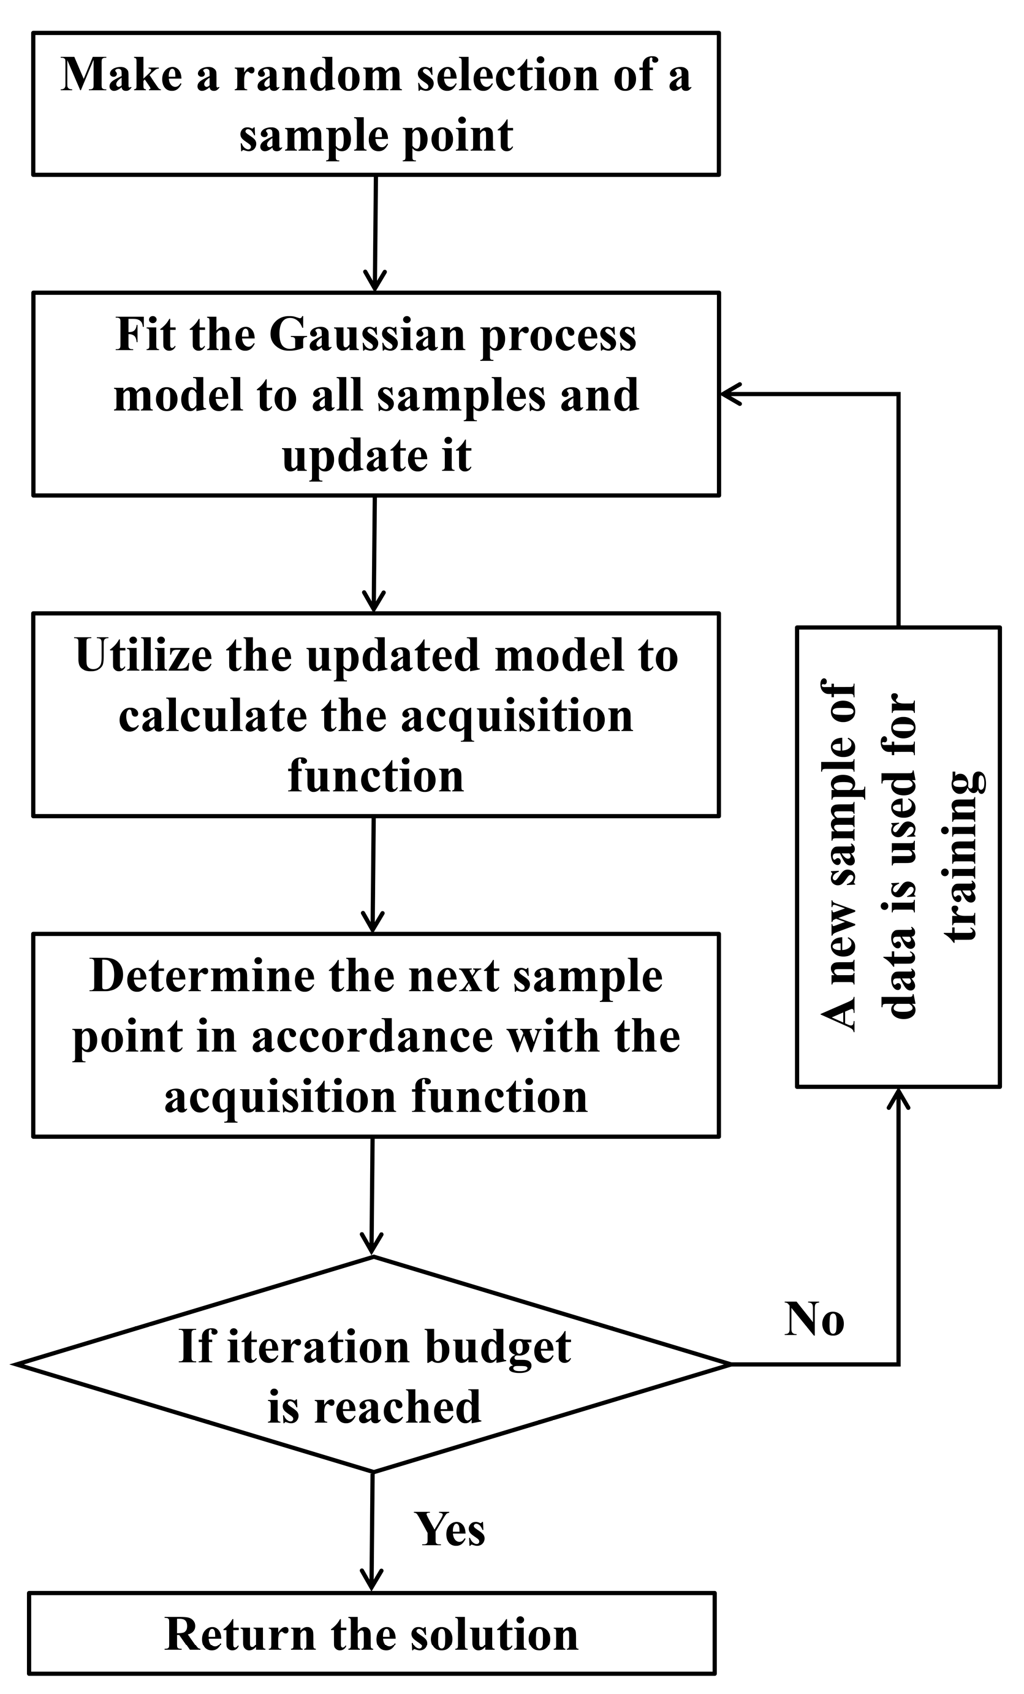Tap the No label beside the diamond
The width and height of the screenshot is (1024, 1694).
click(814, 1320)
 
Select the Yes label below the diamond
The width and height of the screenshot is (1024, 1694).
click(450, 1530)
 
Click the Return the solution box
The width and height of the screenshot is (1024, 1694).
click(372, 1633)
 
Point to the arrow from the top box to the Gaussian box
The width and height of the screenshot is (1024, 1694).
click(375, 234)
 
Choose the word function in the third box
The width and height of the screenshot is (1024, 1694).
click(375, 776)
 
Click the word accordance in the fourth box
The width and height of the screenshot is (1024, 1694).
click(372, 1036)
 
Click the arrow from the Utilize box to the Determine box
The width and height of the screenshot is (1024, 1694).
click(373, 873)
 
